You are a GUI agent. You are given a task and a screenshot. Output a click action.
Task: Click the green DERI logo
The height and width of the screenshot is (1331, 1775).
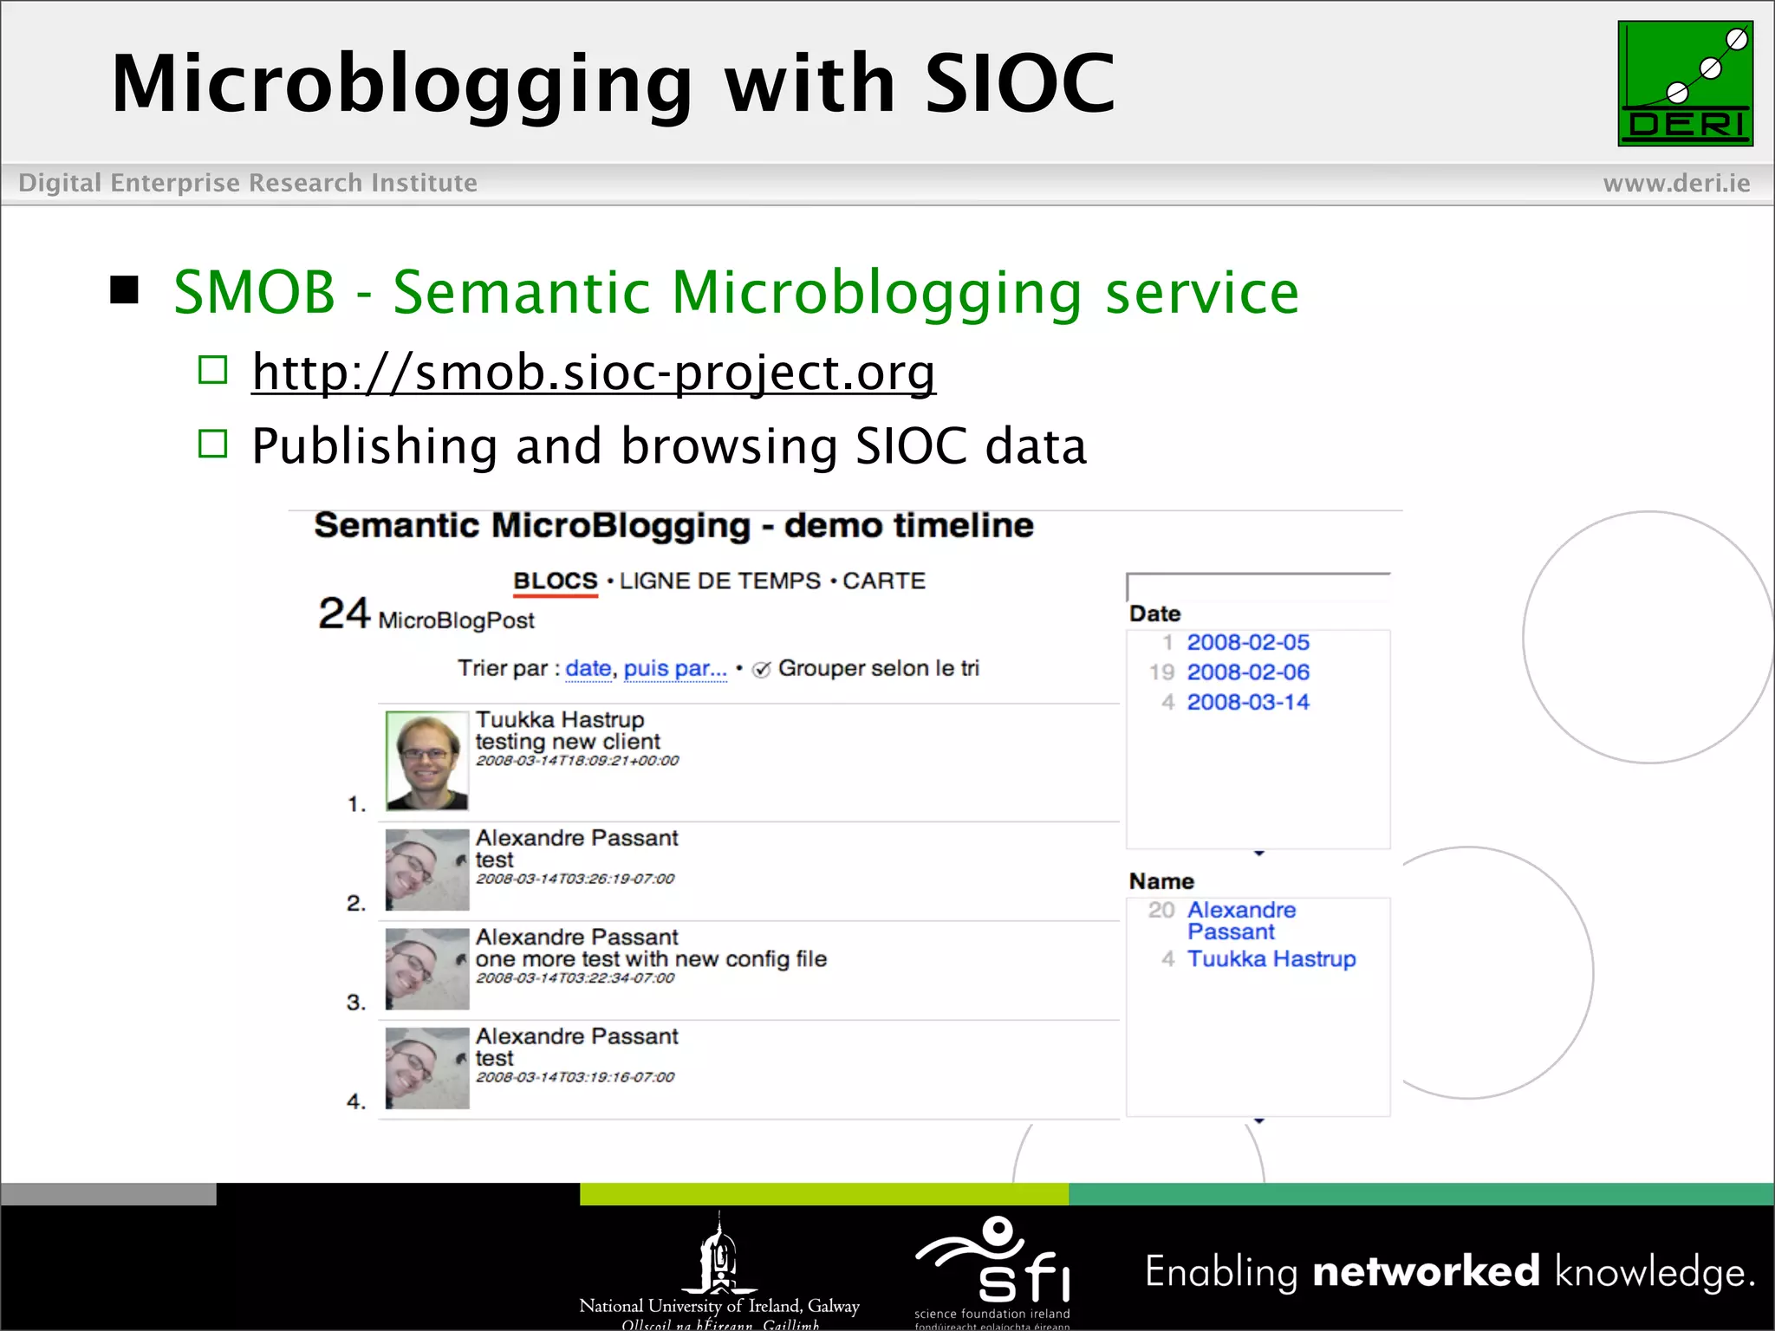(1685, 83)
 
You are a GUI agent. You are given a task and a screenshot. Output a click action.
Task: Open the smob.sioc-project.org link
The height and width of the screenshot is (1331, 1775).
(594, 373)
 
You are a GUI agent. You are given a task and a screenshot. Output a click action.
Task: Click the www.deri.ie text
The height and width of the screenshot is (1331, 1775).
(1676, 183)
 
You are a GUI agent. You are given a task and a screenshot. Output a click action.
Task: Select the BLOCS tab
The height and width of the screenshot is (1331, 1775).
(556, 581)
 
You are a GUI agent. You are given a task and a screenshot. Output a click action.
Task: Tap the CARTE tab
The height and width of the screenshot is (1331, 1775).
(884, 581)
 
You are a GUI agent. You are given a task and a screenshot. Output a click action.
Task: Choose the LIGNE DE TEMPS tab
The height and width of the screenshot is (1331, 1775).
(719, 581)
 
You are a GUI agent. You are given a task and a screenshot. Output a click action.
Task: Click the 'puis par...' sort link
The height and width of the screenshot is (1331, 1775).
(675, 669)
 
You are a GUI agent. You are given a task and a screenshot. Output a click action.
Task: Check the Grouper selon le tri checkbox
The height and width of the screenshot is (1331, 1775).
(762, 670)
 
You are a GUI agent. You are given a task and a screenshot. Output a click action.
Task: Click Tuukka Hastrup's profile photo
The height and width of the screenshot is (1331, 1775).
(426, 761)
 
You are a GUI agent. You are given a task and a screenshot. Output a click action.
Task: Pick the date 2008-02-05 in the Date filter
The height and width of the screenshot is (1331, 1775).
(1247, 643)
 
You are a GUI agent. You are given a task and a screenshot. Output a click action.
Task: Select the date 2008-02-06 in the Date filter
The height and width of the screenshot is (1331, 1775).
(1247, 672)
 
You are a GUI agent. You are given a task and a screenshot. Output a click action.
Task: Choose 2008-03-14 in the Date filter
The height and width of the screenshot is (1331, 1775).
(1247, 702)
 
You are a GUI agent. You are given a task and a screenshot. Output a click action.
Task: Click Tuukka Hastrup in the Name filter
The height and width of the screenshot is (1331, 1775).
(1271, 959)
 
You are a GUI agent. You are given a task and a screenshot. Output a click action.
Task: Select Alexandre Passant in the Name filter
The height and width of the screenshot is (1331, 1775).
(1241, 920)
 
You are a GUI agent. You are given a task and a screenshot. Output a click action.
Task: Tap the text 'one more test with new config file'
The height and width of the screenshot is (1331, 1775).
(651, 959)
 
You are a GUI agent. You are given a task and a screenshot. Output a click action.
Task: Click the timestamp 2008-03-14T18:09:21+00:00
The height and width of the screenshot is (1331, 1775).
(577, 761)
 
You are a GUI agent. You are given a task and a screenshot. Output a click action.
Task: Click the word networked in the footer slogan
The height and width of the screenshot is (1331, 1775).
(1426, 1272)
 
